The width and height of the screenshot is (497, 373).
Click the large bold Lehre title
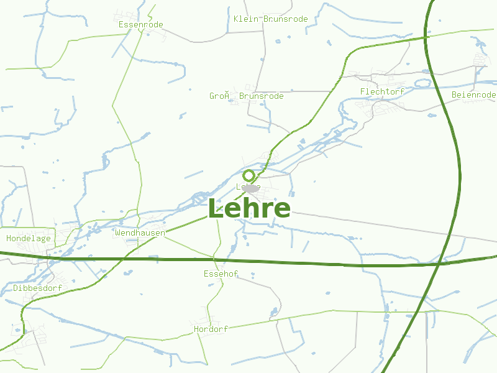248,208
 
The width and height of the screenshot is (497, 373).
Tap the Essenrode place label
140,25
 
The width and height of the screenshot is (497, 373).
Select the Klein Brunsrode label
270,19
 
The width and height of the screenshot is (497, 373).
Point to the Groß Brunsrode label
246,96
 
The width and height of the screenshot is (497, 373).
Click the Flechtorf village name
382,92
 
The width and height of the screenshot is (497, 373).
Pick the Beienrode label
473,94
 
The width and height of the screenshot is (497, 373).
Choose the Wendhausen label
140,233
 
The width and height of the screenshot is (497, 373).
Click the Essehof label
221,274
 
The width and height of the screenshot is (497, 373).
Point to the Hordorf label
211,329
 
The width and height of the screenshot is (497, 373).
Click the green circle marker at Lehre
248,175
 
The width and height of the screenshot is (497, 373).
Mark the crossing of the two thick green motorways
440,264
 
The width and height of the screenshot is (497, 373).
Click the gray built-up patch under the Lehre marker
251,188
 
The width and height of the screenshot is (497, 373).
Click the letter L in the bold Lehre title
216,208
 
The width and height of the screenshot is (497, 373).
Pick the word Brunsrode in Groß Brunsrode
261,96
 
